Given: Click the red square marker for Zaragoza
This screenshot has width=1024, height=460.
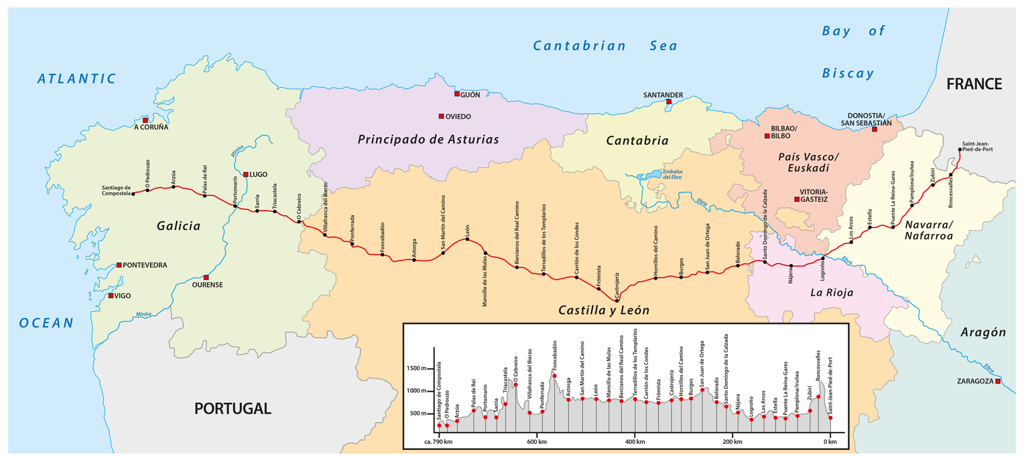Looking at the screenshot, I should pos(999,382).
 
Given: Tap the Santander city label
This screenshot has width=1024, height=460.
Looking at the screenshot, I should pos(663,95).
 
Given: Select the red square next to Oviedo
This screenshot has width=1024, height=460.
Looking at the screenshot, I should pos(441,116).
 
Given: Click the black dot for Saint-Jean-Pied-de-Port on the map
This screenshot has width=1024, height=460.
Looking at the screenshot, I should pos(960,150).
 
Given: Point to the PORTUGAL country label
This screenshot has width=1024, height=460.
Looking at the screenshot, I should pos(233,408).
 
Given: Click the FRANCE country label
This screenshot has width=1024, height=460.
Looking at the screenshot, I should pos(974,84).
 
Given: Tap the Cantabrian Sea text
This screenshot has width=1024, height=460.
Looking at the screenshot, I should pos(604,46).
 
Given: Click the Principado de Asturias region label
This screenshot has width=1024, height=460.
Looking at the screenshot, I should pos(428,139).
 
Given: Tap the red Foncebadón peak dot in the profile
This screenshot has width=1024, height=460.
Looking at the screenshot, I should pos(554,376).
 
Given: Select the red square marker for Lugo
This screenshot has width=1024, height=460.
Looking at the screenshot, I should pos(246,174).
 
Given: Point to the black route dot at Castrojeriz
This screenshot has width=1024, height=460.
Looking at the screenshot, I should pos(617,300).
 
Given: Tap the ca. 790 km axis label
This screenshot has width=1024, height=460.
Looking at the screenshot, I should pos(438,442).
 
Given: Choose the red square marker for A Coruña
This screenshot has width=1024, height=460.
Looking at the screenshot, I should pos(145,120).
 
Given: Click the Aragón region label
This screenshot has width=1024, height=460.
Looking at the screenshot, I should pos(983,333).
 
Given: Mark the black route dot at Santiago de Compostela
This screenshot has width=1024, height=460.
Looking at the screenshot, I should pos(133,193).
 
